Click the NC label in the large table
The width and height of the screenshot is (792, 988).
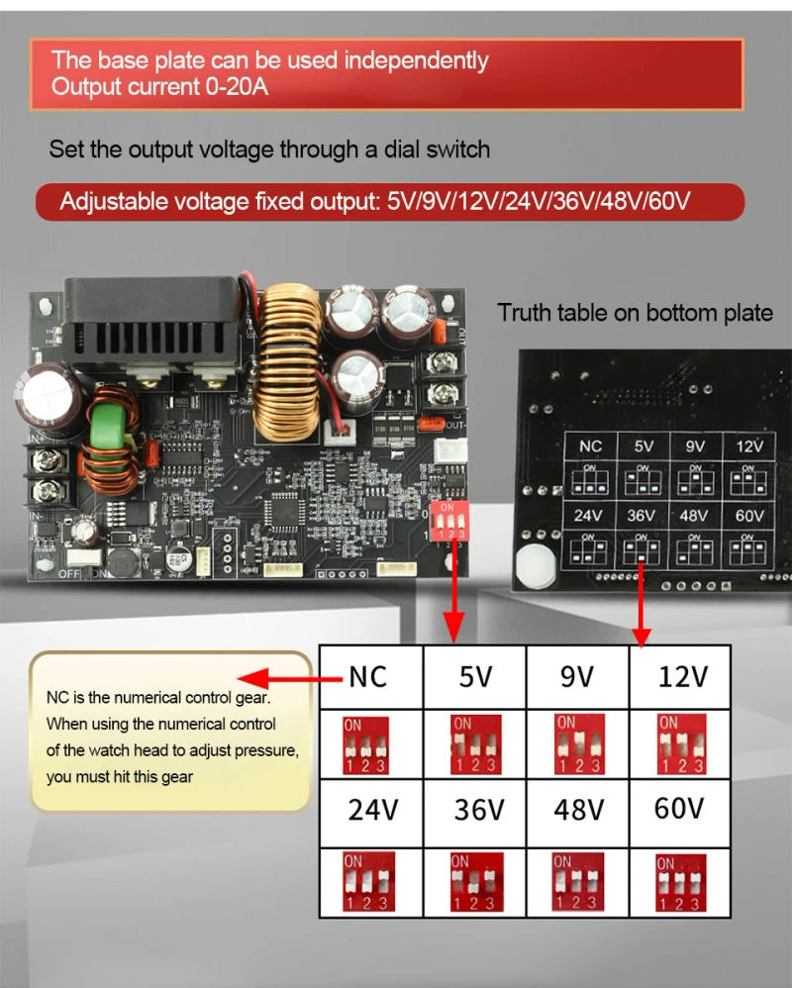point(367,677)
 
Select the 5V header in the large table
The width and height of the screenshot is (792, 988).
point(474,677)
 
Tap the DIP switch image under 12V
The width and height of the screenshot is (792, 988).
point(682,744)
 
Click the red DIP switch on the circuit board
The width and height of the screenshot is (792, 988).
point(449,519)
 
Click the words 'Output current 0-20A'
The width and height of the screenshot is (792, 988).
point(159,86)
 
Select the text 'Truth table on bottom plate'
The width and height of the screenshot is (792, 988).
point(635,313)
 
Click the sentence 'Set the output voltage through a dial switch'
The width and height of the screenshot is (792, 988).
point(269,150)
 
